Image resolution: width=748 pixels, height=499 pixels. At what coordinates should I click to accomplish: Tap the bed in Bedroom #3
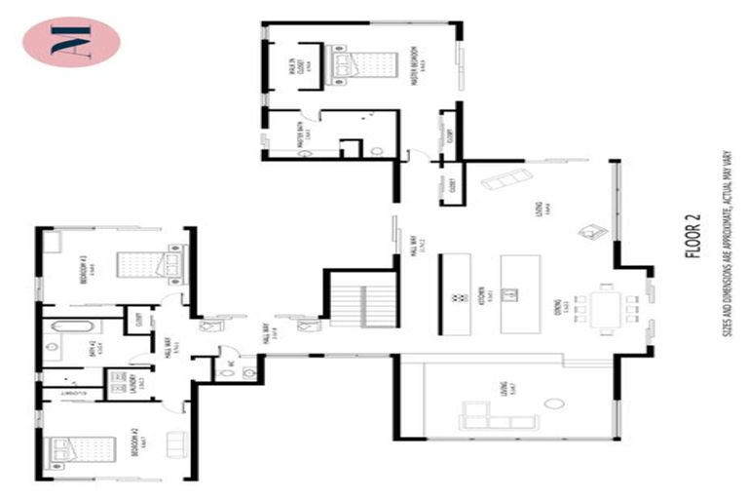click(x=146, y=264)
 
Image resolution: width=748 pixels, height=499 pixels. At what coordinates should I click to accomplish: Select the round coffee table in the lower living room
click(x=555, y=403)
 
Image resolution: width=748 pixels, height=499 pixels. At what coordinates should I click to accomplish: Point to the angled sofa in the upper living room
click(x=507, y=179)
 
